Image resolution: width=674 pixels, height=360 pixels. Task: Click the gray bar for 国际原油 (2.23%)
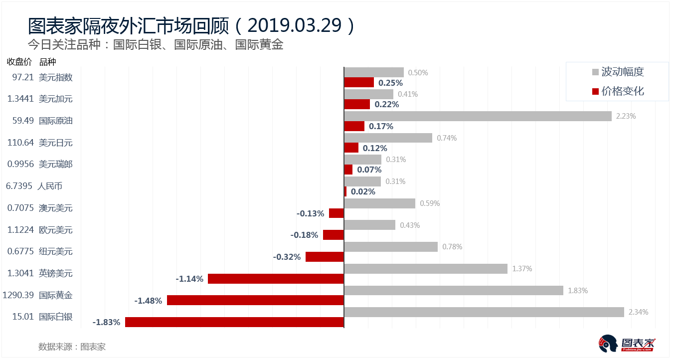(x=478, y=116)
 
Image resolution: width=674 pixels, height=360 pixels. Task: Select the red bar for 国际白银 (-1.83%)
(x=234, y=322)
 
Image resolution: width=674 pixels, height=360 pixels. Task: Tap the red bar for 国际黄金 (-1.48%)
(x=255, y=300)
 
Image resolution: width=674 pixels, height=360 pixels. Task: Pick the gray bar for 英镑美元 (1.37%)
(x=426, y=269)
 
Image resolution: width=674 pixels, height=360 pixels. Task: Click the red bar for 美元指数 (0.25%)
(x=359, y=82)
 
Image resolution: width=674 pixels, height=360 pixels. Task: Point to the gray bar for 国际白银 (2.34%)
(x=484, y=312)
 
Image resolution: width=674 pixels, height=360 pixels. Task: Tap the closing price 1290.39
(x=18, y=295)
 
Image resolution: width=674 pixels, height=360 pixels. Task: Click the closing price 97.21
(x=22, y=77)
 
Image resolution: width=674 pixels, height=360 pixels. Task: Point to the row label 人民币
(x=50, y=186)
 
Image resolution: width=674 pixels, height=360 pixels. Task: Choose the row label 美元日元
(x=56, y=143)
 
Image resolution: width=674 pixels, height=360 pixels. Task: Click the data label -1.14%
(x=189, y=279)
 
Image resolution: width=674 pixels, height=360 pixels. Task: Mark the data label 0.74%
(x=447, y=138)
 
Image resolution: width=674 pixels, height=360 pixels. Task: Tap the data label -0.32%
(x=287, y=257)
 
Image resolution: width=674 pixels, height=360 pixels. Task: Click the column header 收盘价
(x=19, y=62)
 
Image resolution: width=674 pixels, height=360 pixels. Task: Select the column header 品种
(x=47, y=62)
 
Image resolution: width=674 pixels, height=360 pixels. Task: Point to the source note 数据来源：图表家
(x=72, y=347)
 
